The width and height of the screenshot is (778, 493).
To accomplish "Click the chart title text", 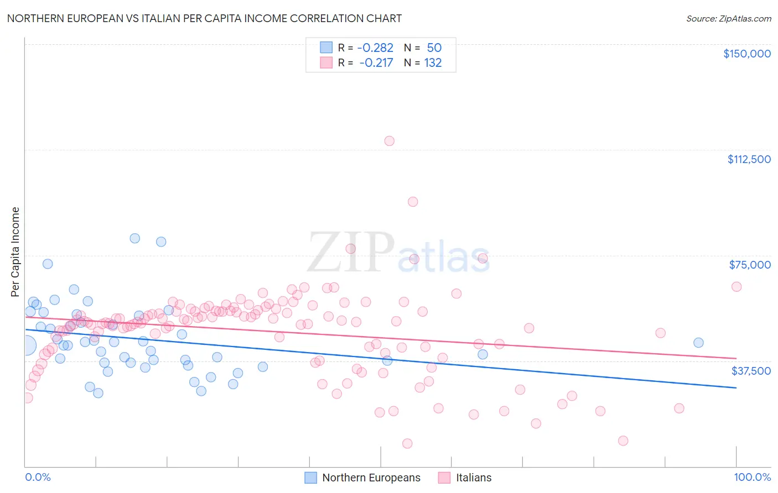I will tap(204, 18).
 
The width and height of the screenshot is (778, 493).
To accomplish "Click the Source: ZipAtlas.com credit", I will tap(728, 18).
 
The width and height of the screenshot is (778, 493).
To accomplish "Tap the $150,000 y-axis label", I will tap(746, 54).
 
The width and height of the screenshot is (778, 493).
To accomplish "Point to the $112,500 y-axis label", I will tap(749, 159).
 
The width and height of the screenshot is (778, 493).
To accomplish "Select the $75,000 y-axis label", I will tap(749, 265).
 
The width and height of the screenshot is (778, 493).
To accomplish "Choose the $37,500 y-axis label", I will tap(750, 371).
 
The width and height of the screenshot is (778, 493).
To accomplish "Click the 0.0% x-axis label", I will tap(38, 478).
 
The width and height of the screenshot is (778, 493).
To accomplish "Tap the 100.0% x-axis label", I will tap(752, 478).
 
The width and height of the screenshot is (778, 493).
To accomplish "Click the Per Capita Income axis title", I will tap(15, 252).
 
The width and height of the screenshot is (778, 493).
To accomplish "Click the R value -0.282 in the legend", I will tap(375, 48).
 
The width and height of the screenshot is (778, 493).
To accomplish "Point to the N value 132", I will tap(433, 63).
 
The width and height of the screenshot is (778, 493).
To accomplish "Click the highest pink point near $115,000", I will tap(390, 141).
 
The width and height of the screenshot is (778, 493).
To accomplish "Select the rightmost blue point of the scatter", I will tap(698, 343).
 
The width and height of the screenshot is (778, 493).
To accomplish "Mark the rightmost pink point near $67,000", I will tap(736, 286).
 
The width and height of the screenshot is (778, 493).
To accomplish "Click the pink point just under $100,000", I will tap(413, 202).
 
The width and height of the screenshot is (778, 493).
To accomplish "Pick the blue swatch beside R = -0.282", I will tap(326, 48).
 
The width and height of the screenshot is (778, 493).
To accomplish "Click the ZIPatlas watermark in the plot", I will tap(398, 253).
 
